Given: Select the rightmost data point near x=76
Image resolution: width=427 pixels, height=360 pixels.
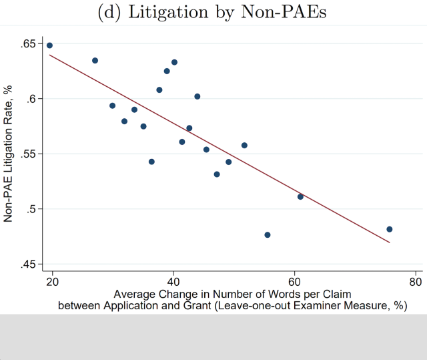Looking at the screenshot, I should coord(390,229).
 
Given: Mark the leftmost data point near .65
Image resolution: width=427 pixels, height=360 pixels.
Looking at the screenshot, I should coord(49,45).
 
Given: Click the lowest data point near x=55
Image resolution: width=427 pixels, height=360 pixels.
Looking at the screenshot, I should coord(268,235).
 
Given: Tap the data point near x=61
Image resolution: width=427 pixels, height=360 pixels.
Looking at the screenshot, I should coord(300,196).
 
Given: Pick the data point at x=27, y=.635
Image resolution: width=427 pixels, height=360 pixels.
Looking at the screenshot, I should coord(95,60).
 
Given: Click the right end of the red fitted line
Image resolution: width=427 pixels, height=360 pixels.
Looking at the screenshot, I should coord(389,242).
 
